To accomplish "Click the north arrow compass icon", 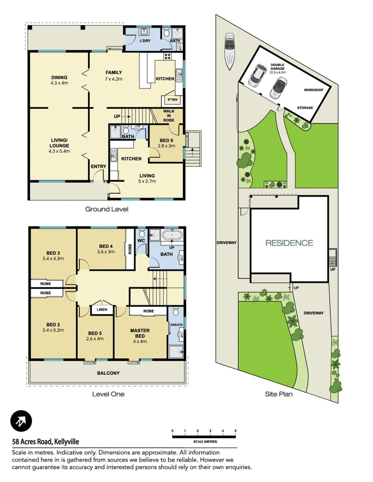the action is (21, 421).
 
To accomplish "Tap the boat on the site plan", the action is (229, 51).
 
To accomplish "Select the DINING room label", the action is (59, 77).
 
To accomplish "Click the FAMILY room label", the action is (114, 73).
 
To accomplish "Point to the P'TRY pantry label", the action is (173, 100).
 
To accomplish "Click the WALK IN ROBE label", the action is (169, 115).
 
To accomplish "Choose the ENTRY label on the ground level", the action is (98, 166).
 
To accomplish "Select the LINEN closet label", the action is (102, 310).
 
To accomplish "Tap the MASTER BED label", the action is (140, 333).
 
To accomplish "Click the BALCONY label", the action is (108, 373).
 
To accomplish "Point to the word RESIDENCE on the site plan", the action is (289, 243).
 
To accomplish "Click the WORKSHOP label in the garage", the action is (314, 90).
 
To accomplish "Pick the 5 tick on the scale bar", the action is (235, 431).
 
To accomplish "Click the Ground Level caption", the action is (107, 209).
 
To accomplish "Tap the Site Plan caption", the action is (279, 394).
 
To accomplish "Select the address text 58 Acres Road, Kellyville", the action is (46, 442).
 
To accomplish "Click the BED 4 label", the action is (106, 246).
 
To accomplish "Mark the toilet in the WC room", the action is (142, 233).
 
